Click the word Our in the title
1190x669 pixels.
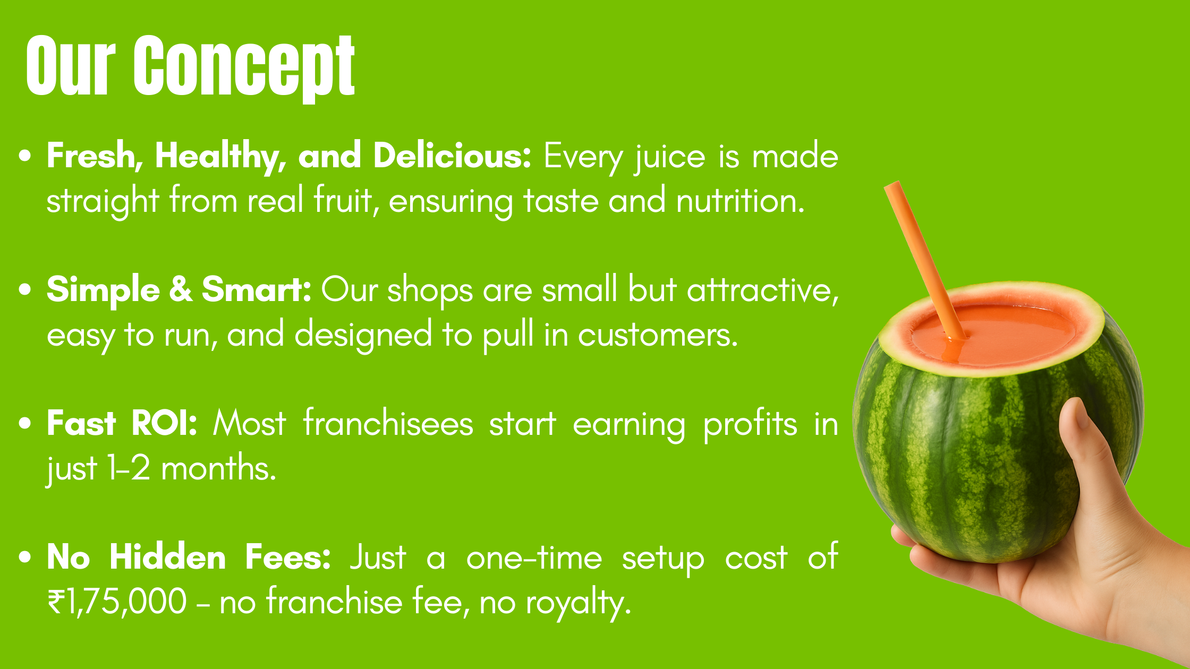71,66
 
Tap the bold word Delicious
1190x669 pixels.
452,156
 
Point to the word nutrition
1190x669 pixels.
740,201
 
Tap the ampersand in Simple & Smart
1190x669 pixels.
181,290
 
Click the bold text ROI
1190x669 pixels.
164,424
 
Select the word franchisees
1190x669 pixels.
388,424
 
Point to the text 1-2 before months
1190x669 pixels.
128,468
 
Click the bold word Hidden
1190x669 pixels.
168,557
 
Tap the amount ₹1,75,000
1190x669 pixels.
117,602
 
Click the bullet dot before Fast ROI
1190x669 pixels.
24,424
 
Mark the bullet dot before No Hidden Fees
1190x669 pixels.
24,557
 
